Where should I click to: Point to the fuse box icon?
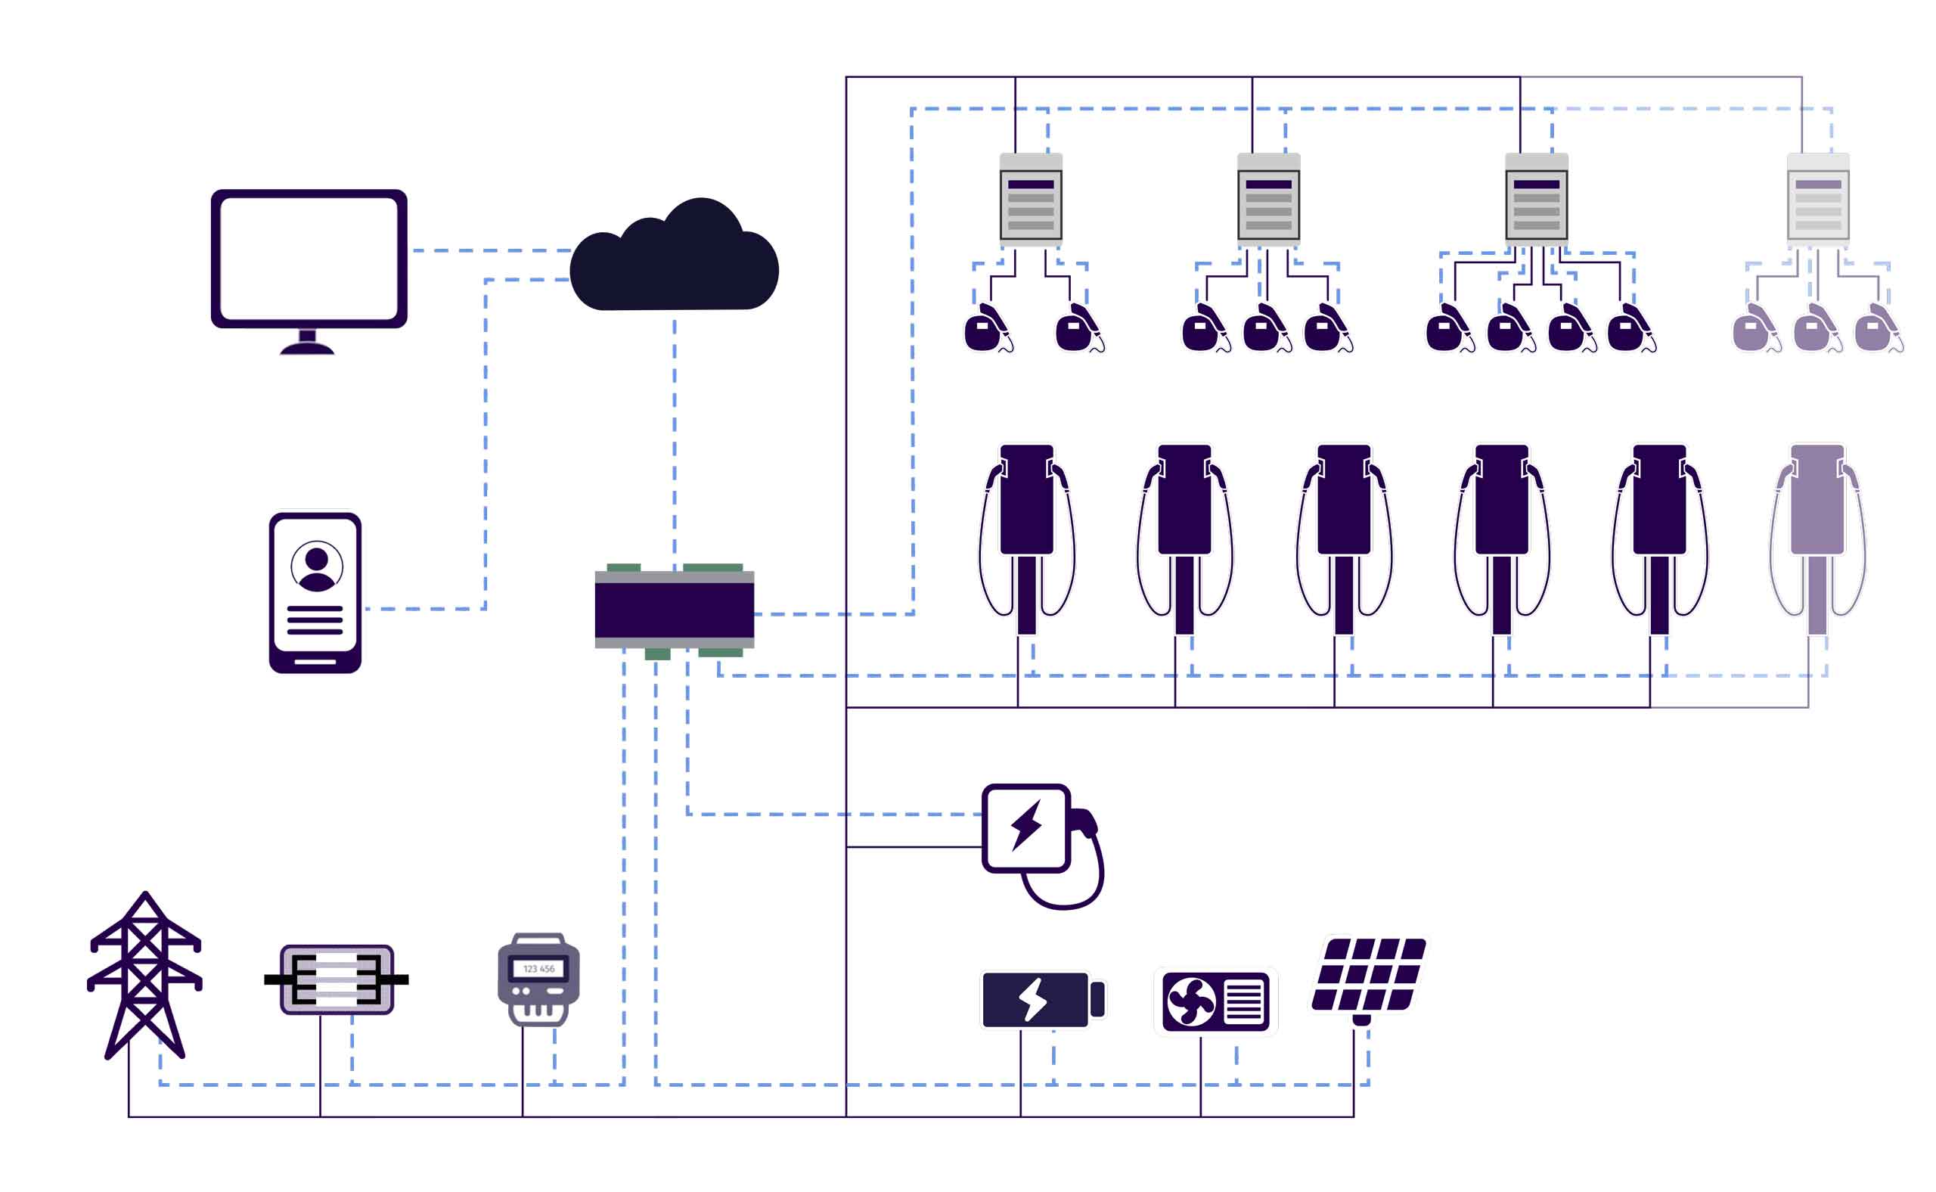(337, 979)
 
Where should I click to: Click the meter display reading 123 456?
(539, 969)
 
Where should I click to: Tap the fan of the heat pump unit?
(1191, 1002)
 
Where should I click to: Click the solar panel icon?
(1370, 975)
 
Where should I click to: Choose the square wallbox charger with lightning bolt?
(1026, 828)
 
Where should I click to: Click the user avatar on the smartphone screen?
(317, 566)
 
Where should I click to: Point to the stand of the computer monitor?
(308, 342)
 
